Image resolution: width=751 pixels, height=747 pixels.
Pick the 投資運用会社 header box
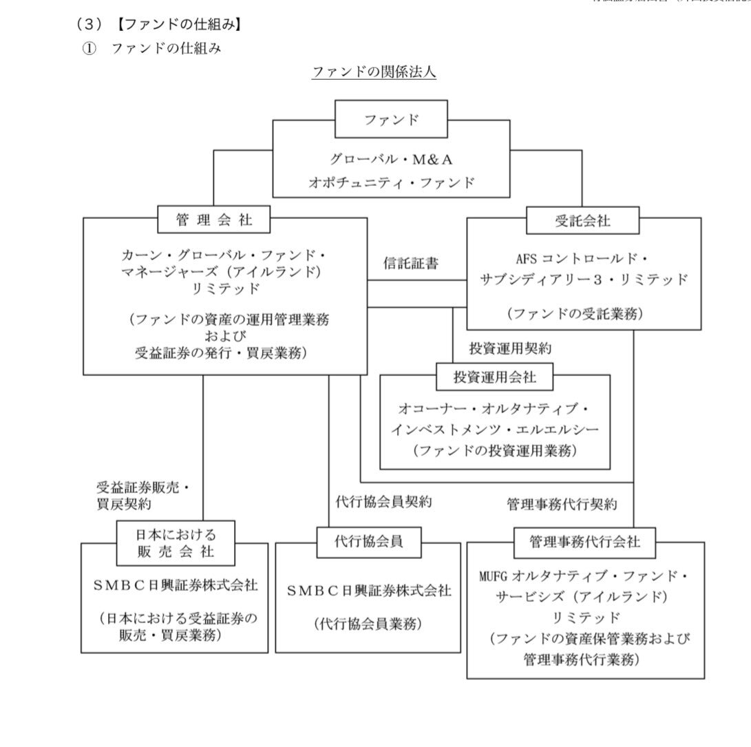(494, 377)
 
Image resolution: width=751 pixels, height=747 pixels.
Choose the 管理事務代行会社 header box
(584, 542)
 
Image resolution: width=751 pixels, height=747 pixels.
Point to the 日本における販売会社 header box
(176, 543)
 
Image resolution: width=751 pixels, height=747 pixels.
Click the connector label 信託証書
(411, 263)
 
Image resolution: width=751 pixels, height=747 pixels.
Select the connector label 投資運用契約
(510, 348)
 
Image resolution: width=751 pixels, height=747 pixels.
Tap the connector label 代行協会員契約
(383, 502)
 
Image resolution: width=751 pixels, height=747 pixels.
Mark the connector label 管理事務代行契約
(561, 504)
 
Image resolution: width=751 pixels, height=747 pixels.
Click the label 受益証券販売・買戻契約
(142, 496)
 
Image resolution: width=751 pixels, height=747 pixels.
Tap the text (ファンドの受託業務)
(575, 313)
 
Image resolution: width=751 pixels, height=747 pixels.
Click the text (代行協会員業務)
(368, 624)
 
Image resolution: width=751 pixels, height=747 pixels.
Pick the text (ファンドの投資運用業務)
(494, 452)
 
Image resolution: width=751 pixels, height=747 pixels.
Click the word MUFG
(493, 575)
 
